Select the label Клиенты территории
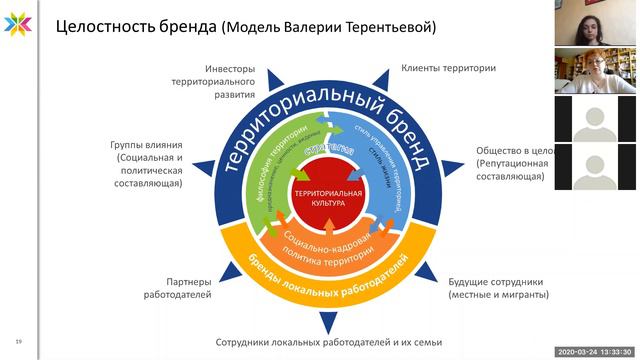pos(449,68)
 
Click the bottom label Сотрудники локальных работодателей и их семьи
pos(322,342)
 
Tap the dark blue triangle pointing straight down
pos(322,321)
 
